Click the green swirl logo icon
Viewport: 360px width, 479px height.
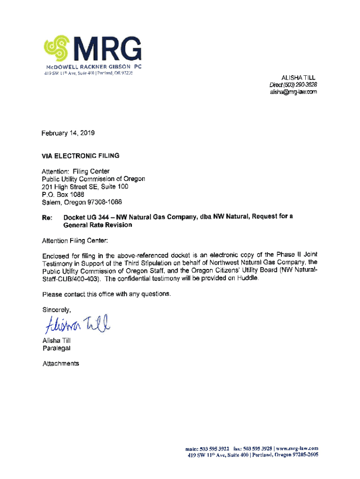[57, 48]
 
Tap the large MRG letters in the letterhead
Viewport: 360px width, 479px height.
[107, 48]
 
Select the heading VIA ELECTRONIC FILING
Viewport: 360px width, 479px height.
[81, 156]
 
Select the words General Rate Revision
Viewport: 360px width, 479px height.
[98, 225]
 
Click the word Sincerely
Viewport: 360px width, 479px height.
[57, 310]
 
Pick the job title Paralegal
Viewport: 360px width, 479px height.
[57, 348]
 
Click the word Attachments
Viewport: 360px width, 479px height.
[61, 363]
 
